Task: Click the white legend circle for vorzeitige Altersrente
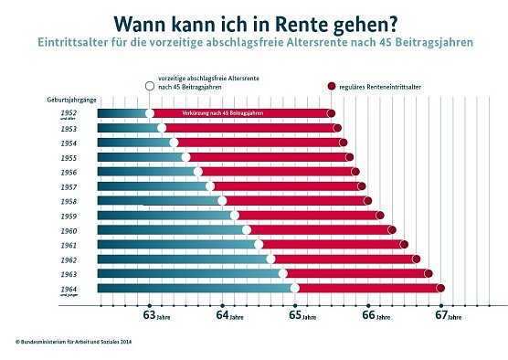pyautogui.click(x=150, y=86)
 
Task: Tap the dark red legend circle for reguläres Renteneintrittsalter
pyautogui.click(x=332, y=86)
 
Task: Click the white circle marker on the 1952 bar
pyautogui.click(x=150, y=113)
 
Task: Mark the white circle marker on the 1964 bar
pyautogui.click(x=295, y=288)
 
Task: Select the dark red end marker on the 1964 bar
pyautogui.click(x=440, y=288)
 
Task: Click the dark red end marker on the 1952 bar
pyautogui.click(x=331, y=113)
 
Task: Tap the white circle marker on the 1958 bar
pyautogui.click(x=222, y=200)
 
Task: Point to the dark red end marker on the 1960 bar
pyautogui.click(x=392, y=229)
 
